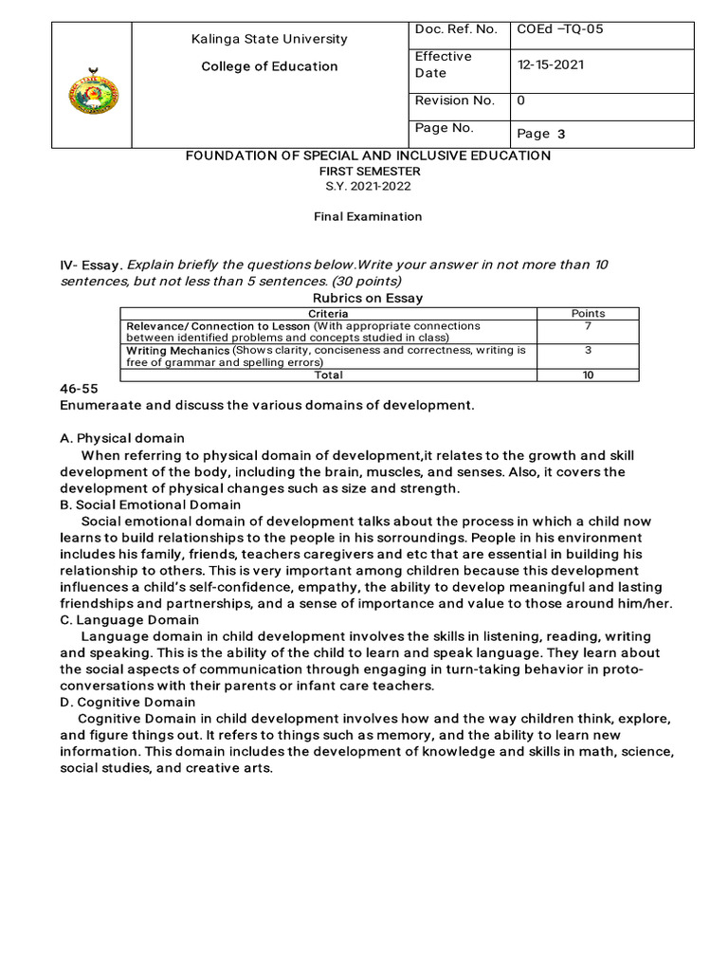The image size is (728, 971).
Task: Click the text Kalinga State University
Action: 270,39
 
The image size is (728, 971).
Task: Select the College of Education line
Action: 270,66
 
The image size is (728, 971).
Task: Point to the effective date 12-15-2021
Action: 551,65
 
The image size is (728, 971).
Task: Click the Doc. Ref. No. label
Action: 456,29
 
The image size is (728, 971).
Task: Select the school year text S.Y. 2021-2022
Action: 368,186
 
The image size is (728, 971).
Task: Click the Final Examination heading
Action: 368,216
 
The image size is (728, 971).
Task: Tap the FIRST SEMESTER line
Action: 368,171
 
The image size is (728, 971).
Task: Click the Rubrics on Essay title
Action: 368,298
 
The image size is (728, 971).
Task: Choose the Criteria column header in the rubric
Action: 328,313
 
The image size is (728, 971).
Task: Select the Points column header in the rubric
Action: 588,313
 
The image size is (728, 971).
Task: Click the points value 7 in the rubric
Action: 588,325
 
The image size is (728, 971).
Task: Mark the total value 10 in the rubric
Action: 588,375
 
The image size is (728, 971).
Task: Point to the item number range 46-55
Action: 79,390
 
